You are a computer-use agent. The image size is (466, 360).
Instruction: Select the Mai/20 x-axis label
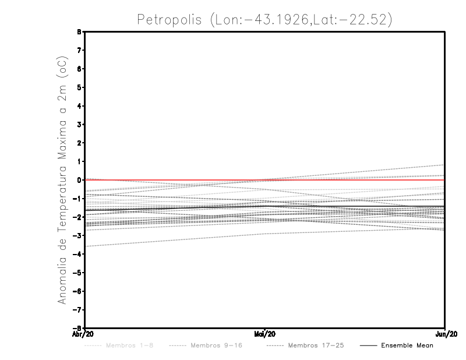[x=265, y=334]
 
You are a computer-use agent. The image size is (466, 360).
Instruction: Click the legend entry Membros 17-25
[x=315, y=345]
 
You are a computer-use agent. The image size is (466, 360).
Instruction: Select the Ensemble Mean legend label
[x=407, y=345]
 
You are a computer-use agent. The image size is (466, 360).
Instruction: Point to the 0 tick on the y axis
[x=79, y=180]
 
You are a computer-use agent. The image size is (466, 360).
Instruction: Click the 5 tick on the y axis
[x=79, y=87]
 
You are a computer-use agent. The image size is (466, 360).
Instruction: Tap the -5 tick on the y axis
[x=78, y=273]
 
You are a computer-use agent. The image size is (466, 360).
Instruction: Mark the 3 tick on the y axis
[x=79, y=125]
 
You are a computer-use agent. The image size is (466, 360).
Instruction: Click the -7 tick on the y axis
[x=78, y=309]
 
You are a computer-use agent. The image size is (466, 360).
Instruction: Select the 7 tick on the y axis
[x=79, y=51]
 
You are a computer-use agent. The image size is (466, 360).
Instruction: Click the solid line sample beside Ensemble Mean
[x=368, y=345]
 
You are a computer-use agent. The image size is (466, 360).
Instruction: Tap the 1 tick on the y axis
[x=79, y=161]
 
